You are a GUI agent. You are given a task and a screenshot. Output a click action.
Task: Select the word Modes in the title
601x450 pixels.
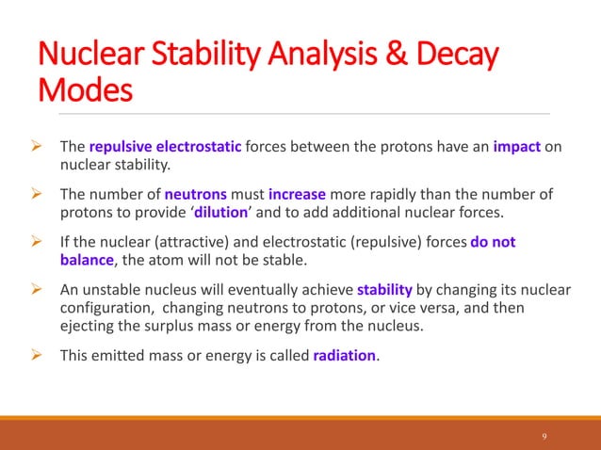pyautogui.click(x=84, y=92)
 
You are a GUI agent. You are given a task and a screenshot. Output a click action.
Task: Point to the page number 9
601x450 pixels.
pyautogui.click(x=544, y=436)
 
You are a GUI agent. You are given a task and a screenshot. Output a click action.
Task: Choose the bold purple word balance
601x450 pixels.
pyautogui.click(x=87, y=259)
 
